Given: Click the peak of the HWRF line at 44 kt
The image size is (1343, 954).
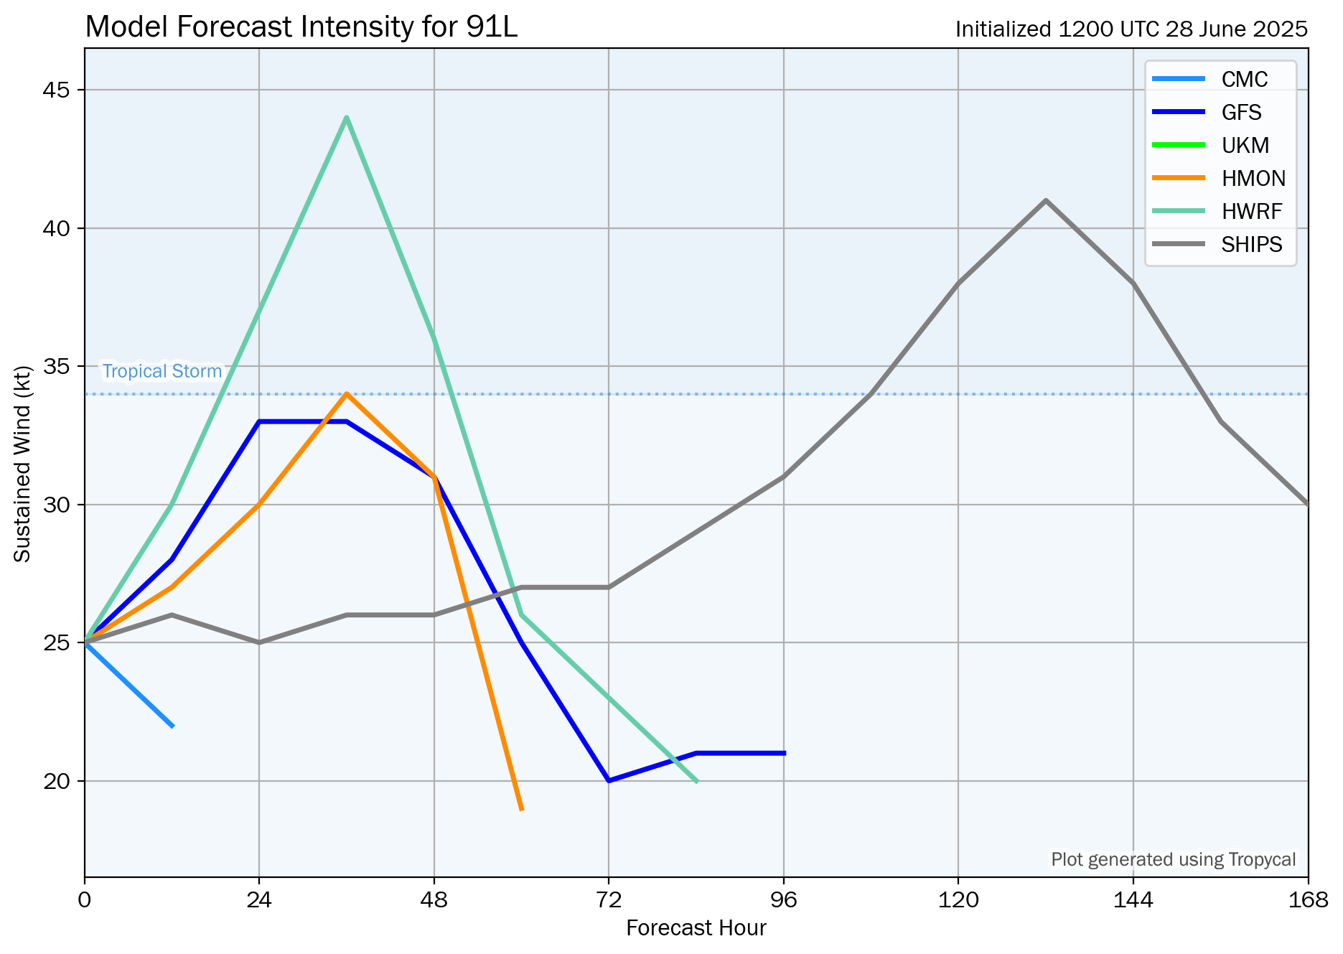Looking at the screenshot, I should click(x=347, y=117).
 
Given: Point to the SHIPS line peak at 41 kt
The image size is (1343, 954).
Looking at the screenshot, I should click(x=1046, y=200).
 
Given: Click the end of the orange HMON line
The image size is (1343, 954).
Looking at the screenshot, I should click(x=522, y=810).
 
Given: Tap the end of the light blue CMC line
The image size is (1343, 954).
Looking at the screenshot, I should click(x=172, y=726).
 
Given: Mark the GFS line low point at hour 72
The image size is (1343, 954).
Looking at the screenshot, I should click(x=609, y=780).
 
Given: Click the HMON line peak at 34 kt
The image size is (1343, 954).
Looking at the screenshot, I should click(x=347, y=393).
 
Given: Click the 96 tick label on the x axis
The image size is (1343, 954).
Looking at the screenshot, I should click(x=783, y=899).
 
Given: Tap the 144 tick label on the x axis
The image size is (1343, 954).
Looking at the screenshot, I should click(x=1133, y=899).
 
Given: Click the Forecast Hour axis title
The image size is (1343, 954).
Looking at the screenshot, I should click(x=696, y=928).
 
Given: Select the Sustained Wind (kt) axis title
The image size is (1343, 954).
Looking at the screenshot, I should click(x=23, y=464).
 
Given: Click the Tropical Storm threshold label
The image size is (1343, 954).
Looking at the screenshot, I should click(x=162, y=371).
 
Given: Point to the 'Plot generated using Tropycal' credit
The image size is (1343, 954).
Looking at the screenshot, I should click(x=1173, y=859).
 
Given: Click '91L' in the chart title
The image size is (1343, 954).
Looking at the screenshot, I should click(x=492, y=27).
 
